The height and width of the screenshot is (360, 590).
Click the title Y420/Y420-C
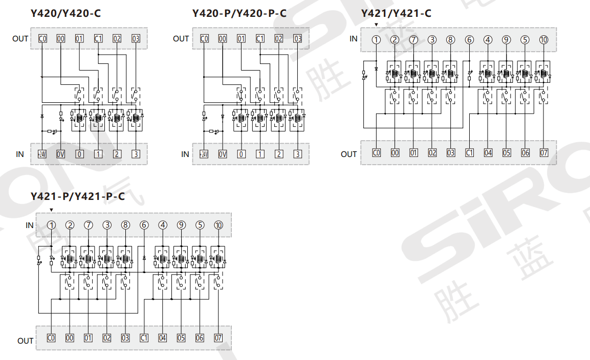(x=65, y=13)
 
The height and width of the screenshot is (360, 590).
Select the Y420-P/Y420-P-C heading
(x=239, y=13)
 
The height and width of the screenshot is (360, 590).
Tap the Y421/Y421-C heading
(x=396, y=13)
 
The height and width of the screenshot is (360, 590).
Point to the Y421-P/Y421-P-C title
(x=78, y=196)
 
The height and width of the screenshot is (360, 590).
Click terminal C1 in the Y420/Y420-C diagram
(x=98, y=38)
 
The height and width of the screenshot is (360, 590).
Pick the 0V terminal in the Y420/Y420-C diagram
(x=60, y=154)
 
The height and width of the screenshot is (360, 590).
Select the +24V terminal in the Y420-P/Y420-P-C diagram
(x=204, y=154)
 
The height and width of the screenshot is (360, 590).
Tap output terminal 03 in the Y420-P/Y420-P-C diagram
(x=297, y=38)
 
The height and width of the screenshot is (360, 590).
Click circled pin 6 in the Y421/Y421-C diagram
(x=469, y=39)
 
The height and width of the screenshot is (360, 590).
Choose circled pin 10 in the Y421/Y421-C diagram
(x=543, y=39)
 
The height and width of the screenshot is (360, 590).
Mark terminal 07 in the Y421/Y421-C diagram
(x=543, y=152)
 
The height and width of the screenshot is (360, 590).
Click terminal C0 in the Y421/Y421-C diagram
(x=376, y=152)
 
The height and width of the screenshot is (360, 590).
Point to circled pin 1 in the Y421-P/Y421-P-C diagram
(x=51, y=225)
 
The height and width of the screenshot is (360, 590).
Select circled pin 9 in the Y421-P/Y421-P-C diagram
(x=181, y=225)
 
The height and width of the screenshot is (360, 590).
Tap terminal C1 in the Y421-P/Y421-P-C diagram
(x=144, y=337)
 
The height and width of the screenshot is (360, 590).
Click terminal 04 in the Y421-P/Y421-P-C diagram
(x=162, y=337)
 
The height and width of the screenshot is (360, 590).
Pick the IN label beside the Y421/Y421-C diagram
(x=353, y=38)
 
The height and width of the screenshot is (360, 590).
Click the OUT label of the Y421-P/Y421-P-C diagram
(x=25, y=341)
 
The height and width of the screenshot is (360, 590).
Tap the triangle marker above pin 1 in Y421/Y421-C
(x=377, y=25)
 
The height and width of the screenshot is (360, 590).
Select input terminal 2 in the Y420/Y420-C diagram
(x=117, y=154)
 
